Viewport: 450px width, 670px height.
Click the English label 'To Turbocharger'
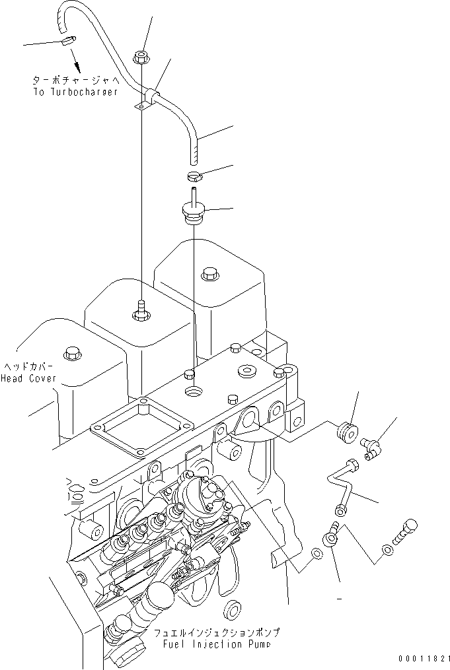coord(75,92)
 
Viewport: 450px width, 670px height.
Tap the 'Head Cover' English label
coord(28,378)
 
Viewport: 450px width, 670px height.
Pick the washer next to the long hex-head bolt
coord(387,549)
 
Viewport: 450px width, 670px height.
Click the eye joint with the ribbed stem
coord(331,538)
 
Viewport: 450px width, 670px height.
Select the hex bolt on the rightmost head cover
coord(209,273)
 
